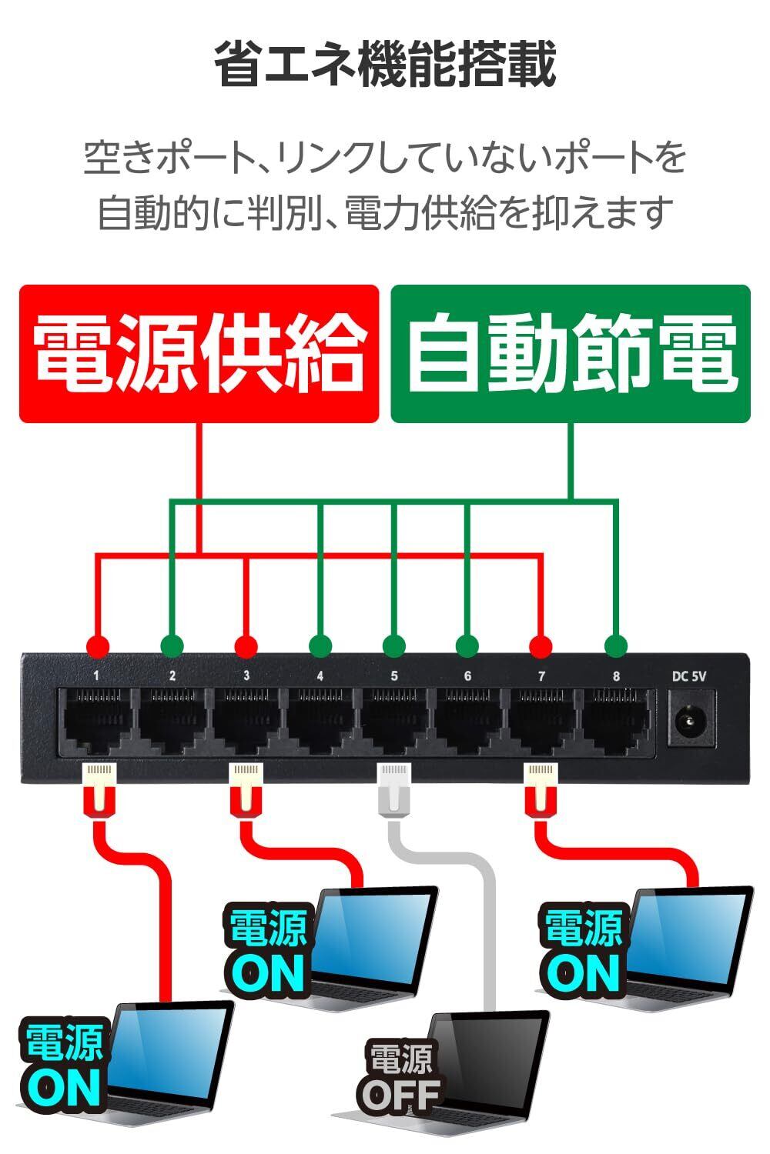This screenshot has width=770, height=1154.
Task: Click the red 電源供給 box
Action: pyautogui.click(x=199, y=354)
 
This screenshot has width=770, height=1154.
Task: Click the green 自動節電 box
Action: pyautogui.click(x=571, y=354)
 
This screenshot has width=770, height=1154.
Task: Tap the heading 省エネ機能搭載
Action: pyautogui.click(x=384, y=66)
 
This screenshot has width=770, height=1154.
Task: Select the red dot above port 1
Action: pyautogui.click(x=97, y=645)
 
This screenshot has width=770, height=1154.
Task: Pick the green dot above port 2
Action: pyautogui.click(x=172, y=645)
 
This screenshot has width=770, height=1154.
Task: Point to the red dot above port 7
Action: pyautogui.click(x=541, y=645)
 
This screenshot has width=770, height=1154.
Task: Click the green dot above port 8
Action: pyautogui.click(x=614, y=645)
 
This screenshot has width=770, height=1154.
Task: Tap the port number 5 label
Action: pyautogui.click(x=394, y=676)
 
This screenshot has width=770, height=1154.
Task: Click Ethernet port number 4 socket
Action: pyautogui.click(x=320, y=720)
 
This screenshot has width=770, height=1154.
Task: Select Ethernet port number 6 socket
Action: pyautogui.click(x=467, y=720)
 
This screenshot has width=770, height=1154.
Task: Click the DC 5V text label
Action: pyautogui.click(x=689, y=676)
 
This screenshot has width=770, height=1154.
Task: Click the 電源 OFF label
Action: pyautogui.click(x=400, y=1077)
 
